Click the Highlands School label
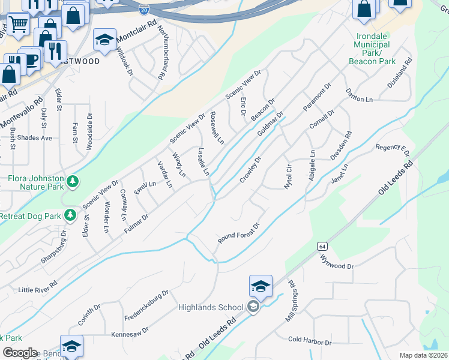211,308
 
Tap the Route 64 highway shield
322,247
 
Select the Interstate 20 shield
143,10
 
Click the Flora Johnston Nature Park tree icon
72,181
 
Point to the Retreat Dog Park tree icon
70,214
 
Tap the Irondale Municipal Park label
372,49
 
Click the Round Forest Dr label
238,235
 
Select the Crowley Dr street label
251,170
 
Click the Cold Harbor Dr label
310,341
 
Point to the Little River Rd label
38,287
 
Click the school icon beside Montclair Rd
104,40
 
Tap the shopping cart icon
18,25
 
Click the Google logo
19,353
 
